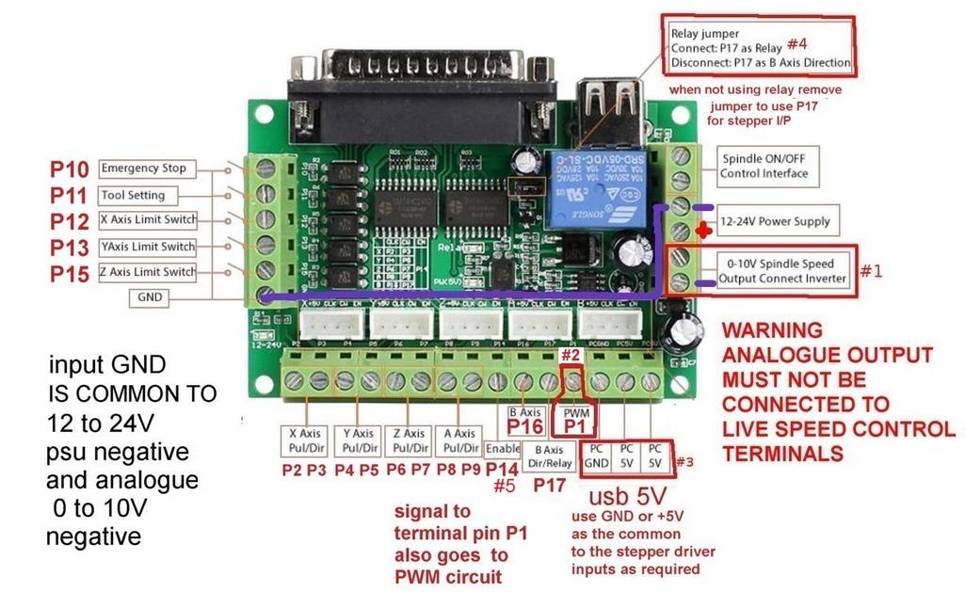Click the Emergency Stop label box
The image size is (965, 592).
click(143, 168)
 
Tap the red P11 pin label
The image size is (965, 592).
click(70, 196)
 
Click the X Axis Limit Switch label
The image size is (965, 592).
click(148, 220)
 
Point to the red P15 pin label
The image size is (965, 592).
click(70, 274)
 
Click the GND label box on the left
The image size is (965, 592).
click(150, 296)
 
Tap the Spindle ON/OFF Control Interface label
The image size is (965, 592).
click(764, 166)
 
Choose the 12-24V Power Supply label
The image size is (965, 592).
click(775, 221)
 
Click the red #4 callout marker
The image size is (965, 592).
click(797, 44)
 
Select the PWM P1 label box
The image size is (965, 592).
click(575, 420)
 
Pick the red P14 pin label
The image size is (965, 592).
click(503, 469)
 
